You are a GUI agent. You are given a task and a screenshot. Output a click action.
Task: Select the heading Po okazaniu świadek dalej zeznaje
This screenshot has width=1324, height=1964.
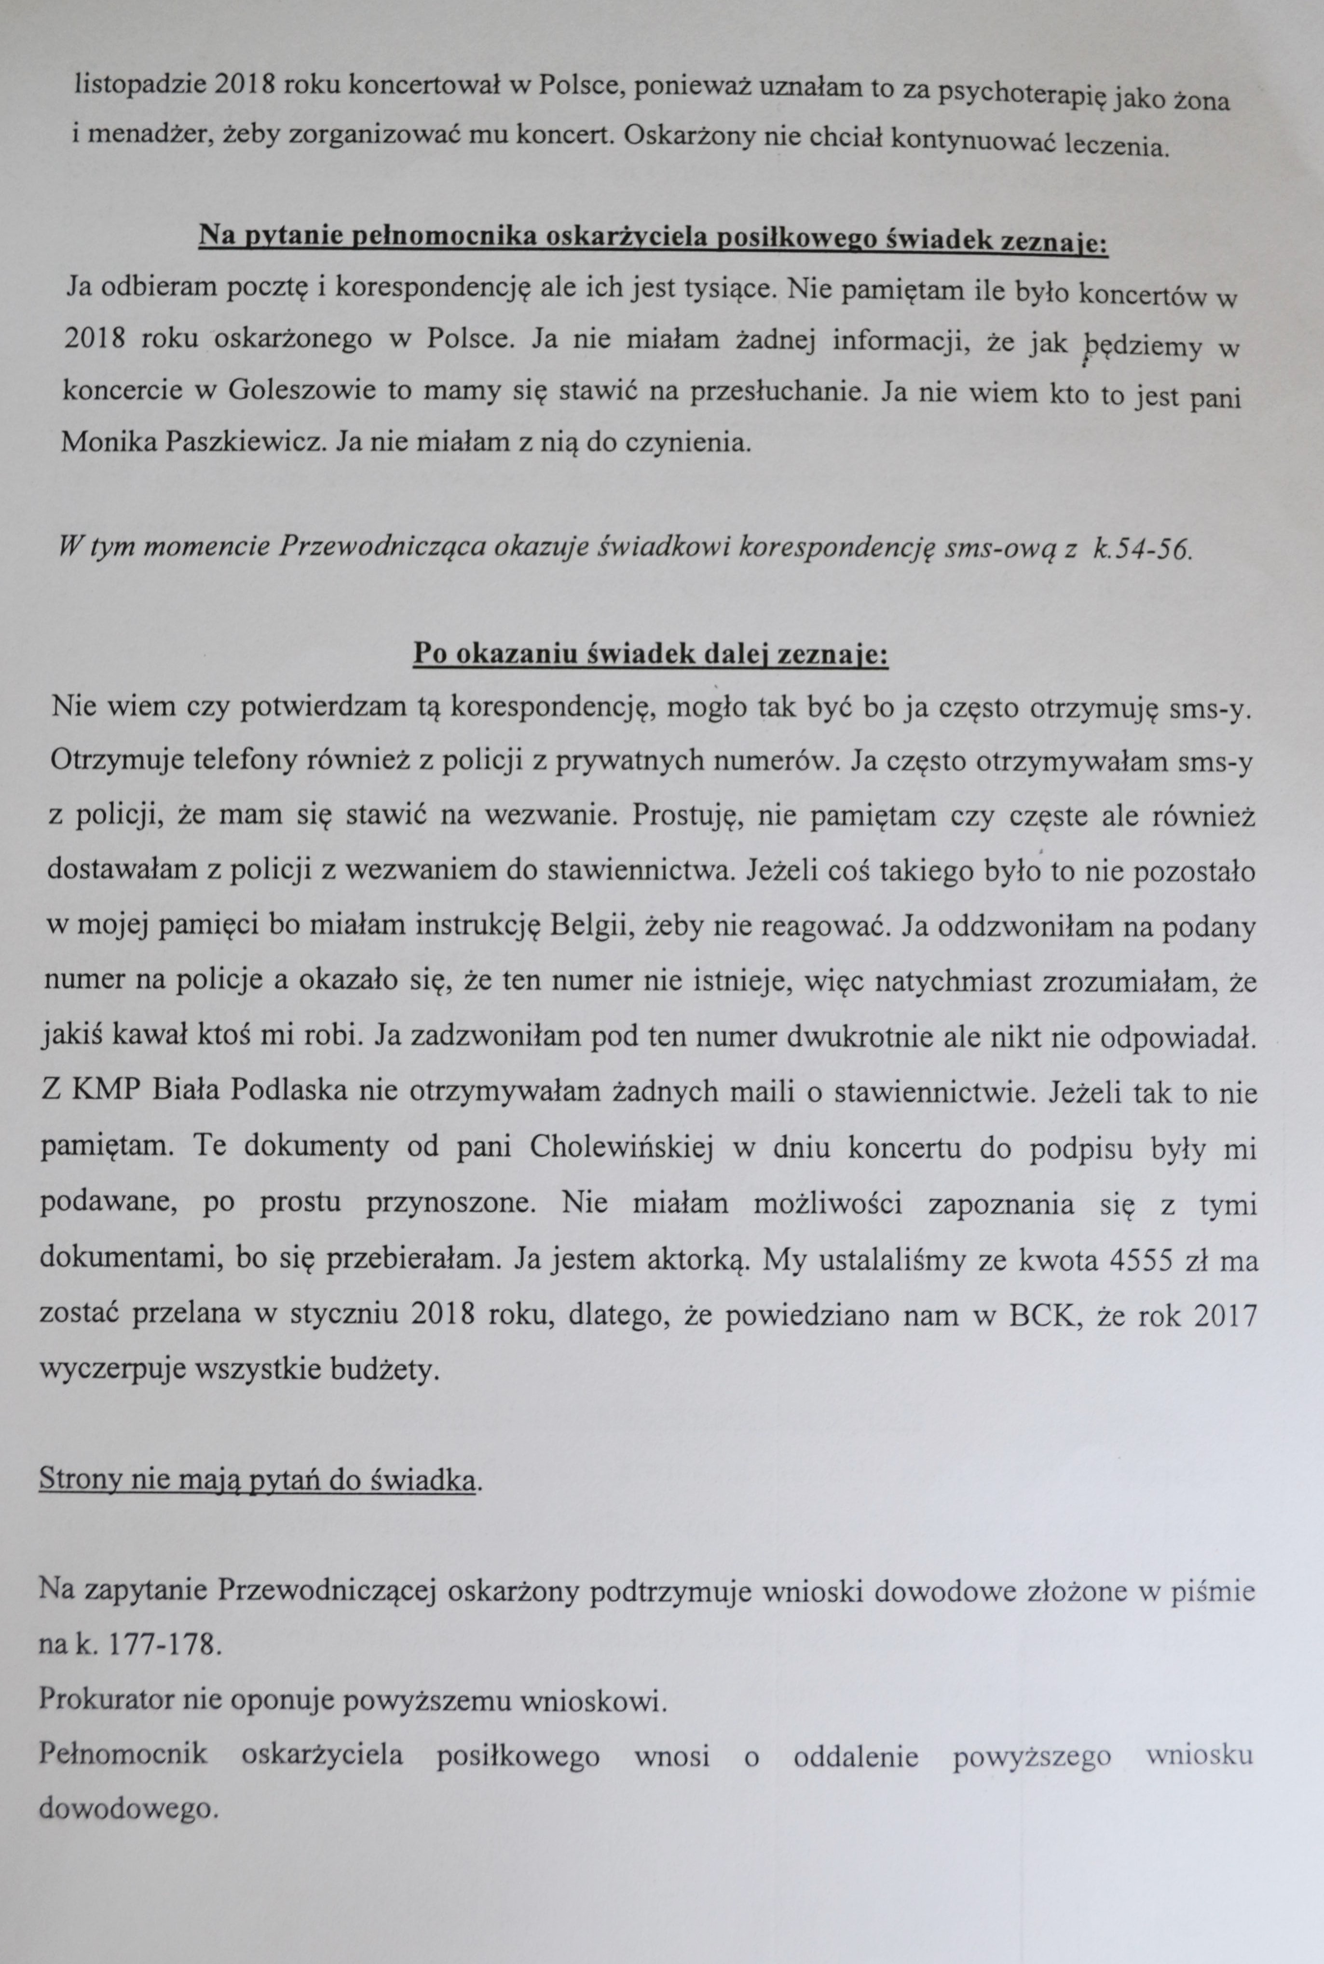point(650,654)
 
